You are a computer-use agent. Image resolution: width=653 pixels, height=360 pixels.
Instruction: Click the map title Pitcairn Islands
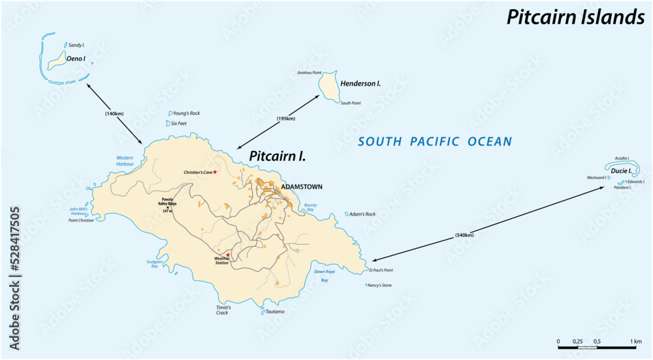575,18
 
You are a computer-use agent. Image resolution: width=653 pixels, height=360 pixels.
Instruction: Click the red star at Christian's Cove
215,172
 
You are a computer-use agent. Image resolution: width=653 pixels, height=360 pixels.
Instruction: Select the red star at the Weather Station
229,254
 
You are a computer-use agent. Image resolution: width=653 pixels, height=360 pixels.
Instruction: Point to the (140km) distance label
114,113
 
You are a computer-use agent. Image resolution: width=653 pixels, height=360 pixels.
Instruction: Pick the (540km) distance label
461,235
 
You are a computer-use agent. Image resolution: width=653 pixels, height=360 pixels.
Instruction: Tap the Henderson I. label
360,84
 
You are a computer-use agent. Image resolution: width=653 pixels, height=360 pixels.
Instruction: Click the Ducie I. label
621,171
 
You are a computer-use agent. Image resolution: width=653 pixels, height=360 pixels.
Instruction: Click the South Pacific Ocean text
435,141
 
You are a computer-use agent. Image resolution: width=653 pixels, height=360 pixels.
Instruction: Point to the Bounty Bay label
310,208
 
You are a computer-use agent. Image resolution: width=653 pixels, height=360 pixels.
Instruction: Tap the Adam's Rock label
362,214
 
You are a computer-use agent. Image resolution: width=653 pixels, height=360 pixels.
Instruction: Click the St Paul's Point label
381,270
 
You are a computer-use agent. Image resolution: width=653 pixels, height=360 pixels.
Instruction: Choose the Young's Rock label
186,113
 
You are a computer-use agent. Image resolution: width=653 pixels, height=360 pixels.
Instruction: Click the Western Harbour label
125,161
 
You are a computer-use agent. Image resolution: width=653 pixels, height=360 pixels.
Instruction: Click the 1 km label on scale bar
636,341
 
